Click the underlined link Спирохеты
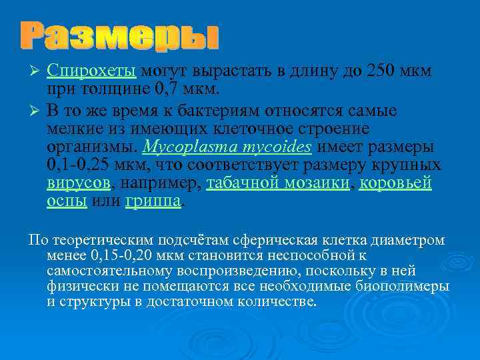click(x=92, y=71)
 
